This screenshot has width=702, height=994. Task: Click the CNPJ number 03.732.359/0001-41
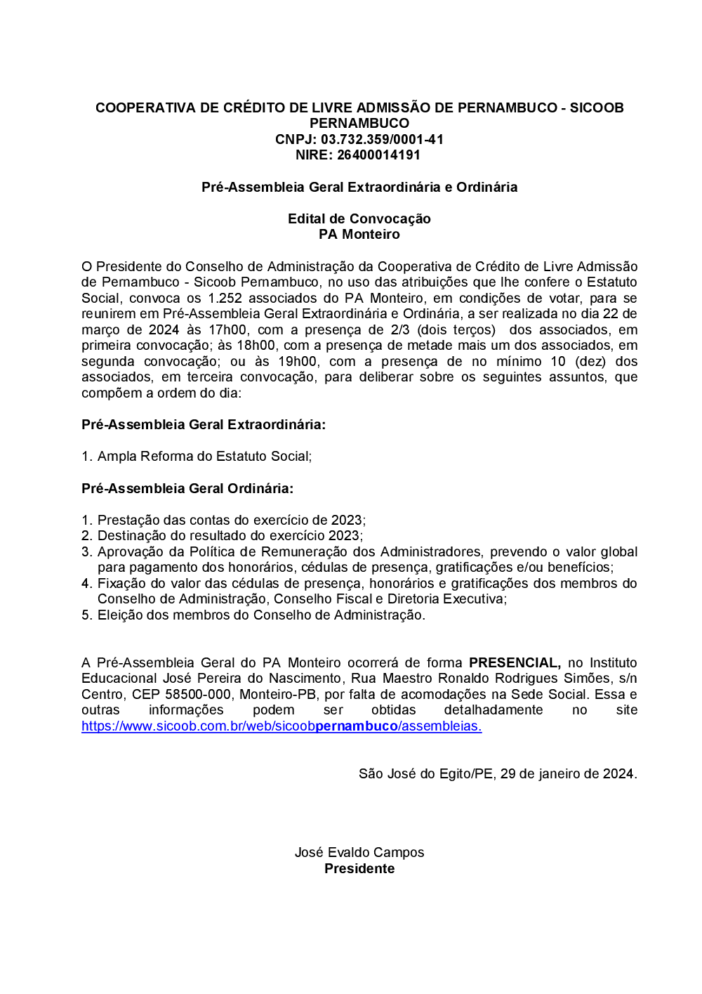[x=382, y=139]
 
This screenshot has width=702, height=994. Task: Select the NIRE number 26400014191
[x=378, y=155]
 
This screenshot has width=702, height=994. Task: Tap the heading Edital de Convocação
[x=359, y=218]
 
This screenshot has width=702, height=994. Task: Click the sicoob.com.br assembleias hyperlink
[x=282, y=726]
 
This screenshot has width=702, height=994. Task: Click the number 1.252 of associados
[x=225, y=298]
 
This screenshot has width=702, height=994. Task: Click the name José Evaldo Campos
[x=359, y=852]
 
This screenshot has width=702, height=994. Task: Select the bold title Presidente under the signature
[x=359, y=868]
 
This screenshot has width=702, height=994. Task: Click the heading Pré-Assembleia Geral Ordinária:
[x=187, y=488]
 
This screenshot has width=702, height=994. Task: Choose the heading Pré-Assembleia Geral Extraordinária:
[x=204, y=424]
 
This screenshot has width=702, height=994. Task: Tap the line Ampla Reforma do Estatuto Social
[x=204, y=457]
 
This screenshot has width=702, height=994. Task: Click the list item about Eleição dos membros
[x=261, y=615]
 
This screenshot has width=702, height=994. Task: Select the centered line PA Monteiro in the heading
[x=359, y=235]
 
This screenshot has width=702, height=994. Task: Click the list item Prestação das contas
[x=231, y=520]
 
